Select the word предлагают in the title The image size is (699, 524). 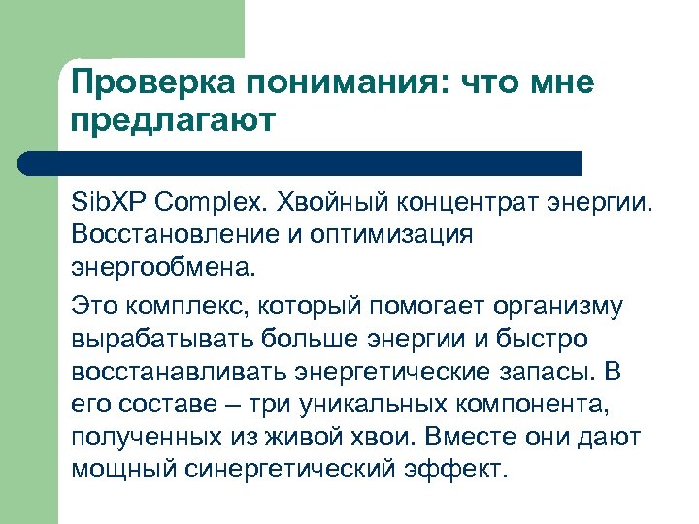click(x=175, y=122)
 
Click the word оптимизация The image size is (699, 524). click(x=395, y=235)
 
